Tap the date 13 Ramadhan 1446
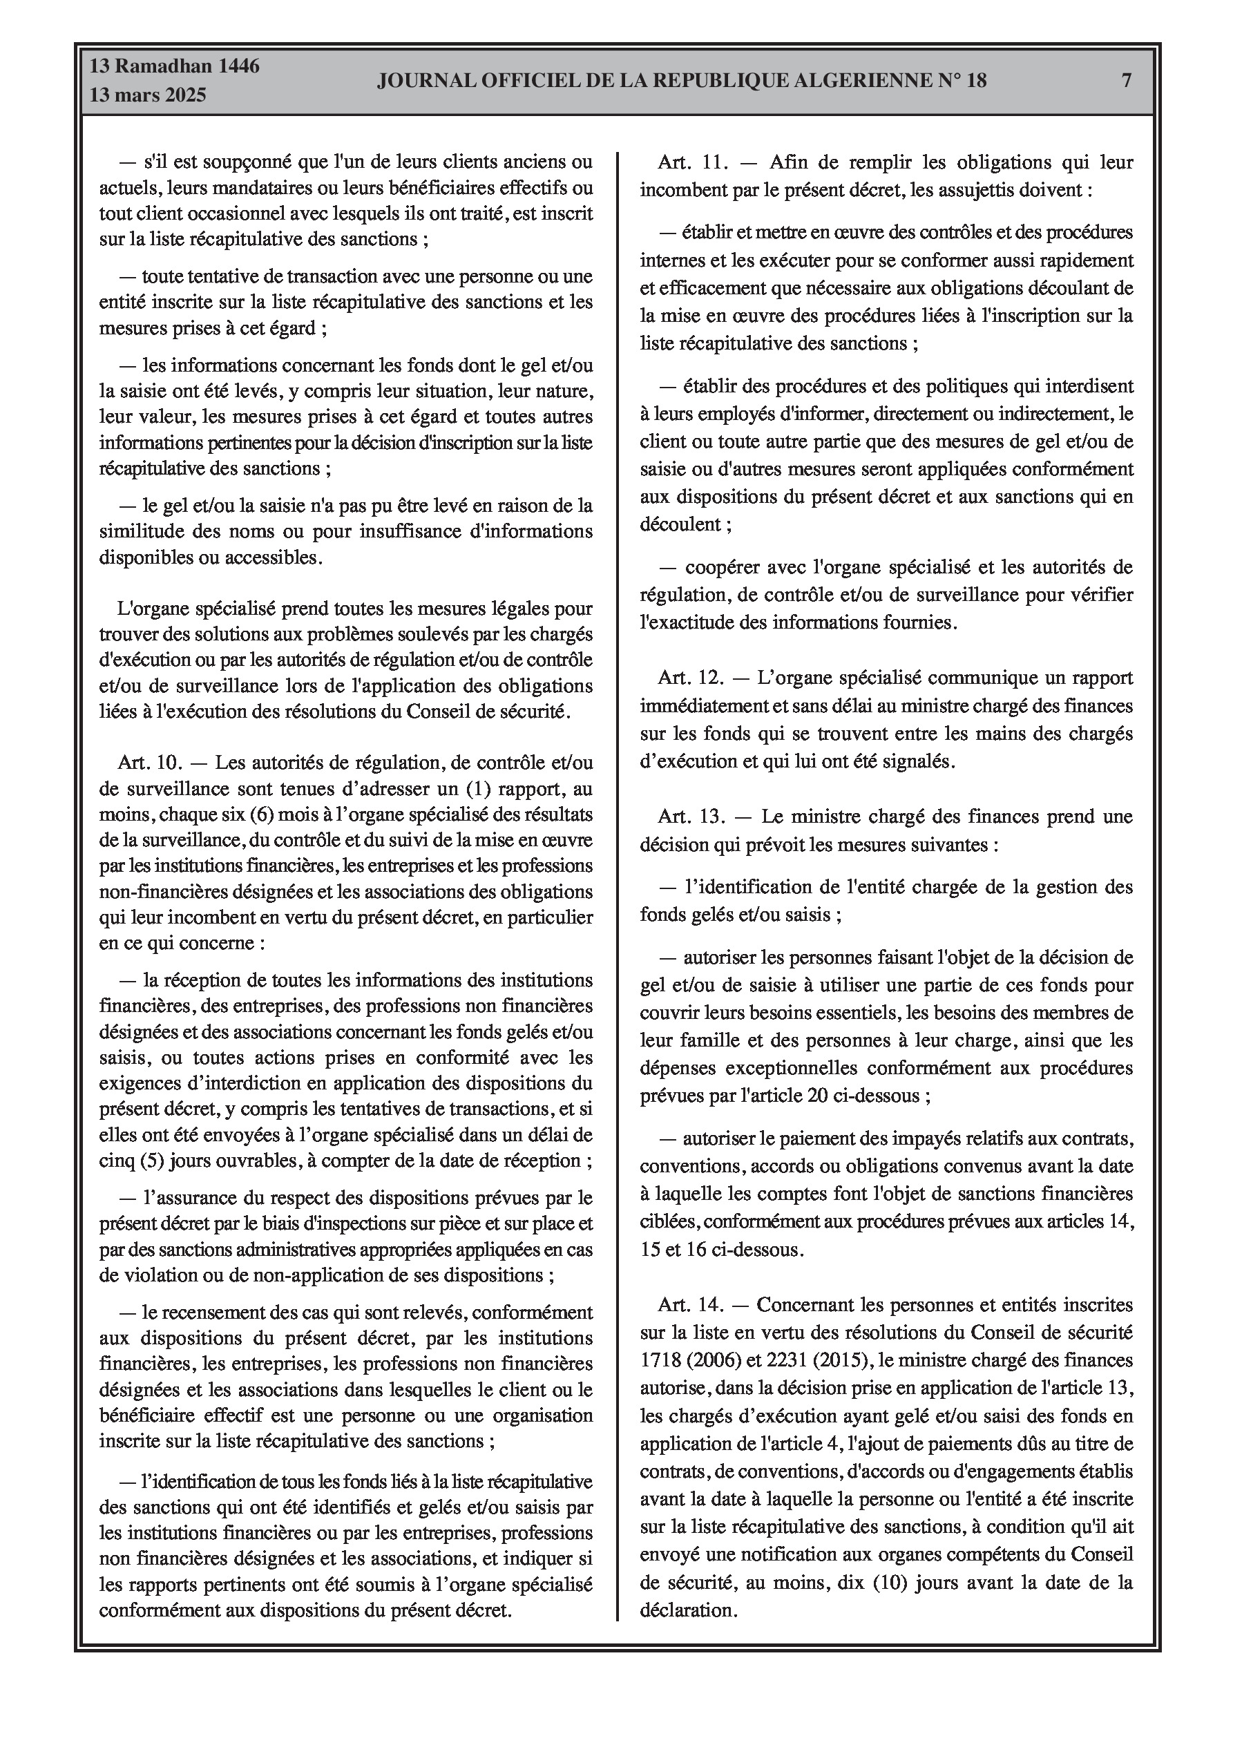coord(174,66)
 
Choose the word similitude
coord(145,531)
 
